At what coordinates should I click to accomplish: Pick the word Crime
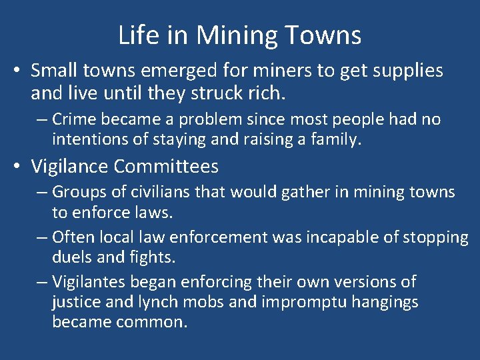coord(73,119)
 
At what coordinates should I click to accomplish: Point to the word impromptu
coord(297,303)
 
